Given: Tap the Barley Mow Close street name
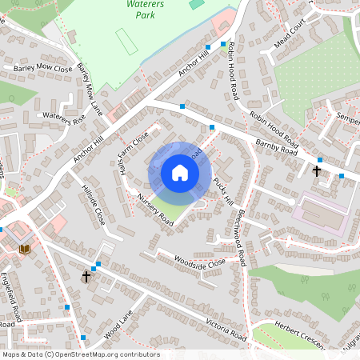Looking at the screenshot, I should coord(43,69).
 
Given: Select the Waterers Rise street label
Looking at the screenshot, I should coord(64,118).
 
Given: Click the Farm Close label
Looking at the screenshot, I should coord(134,144).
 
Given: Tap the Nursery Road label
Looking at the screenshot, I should coord(155,209).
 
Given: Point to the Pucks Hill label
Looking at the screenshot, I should coord(222,190).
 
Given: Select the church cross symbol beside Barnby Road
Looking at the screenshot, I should coord(316,170).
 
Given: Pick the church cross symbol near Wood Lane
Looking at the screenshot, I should coord(86,276).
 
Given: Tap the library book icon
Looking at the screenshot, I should coord(23,250).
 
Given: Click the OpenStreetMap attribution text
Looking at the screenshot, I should coord(81,354).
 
